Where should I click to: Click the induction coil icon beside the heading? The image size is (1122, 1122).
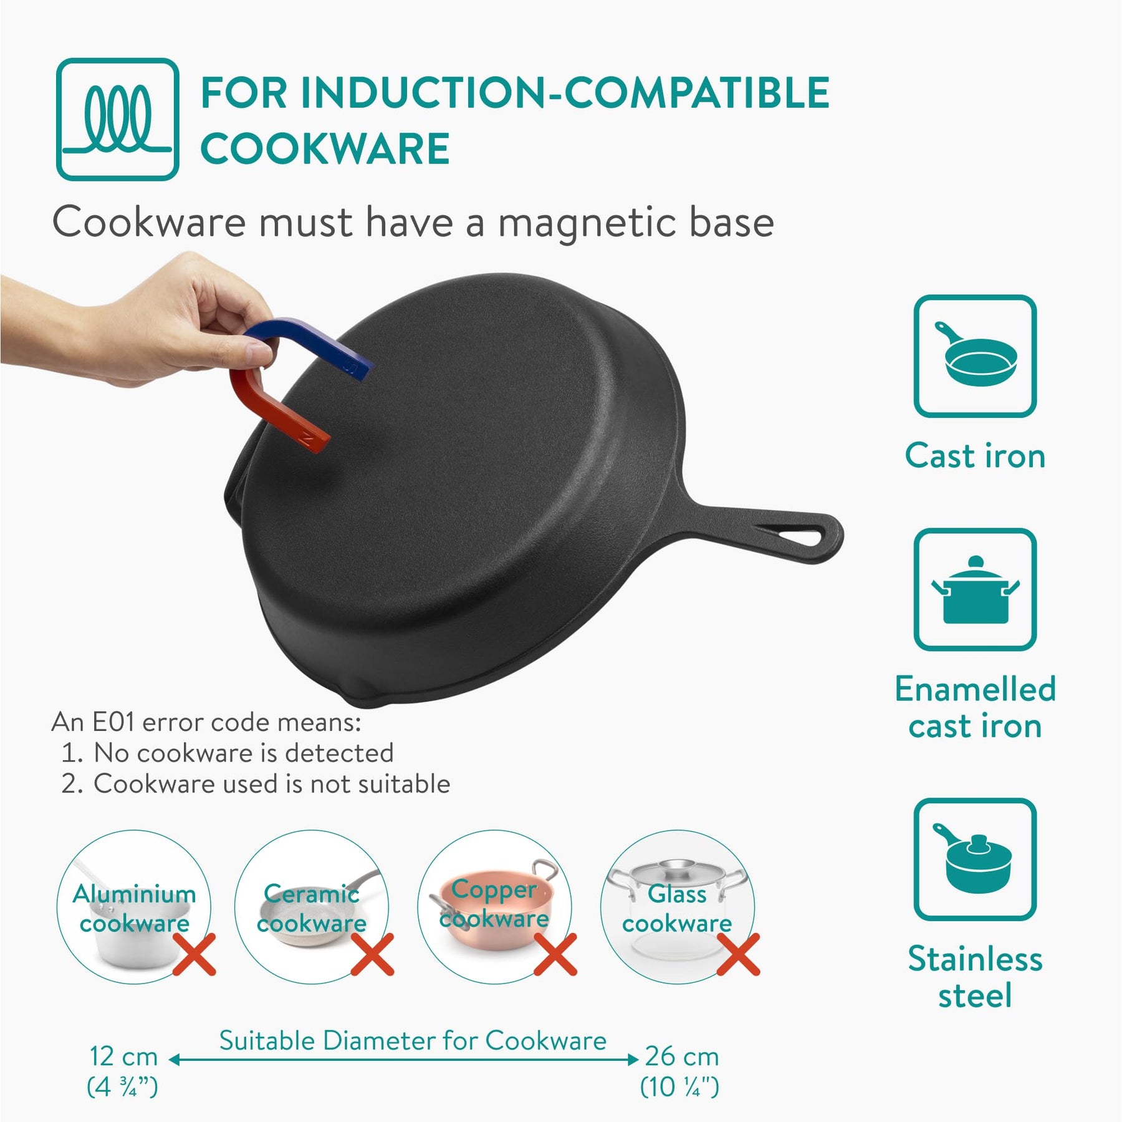(118, 119)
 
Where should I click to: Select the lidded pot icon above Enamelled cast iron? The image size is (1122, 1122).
(975, 589)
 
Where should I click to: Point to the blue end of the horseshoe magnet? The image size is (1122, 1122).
(355, 369)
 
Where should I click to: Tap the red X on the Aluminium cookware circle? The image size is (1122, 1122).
(194, 954)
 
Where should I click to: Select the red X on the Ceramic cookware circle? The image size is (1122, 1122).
(372, 954)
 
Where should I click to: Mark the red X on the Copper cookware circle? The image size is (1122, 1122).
(555, 954)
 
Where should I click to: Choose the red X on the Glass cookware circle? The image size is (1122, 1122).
(738, 954)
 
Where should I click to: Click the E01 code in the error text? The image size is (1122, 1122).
(113, 722)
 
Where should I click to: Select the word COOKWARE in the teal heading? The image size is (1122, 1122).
(325, 149)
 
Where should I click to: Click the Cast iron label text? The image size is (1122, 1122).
(975, 455)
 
